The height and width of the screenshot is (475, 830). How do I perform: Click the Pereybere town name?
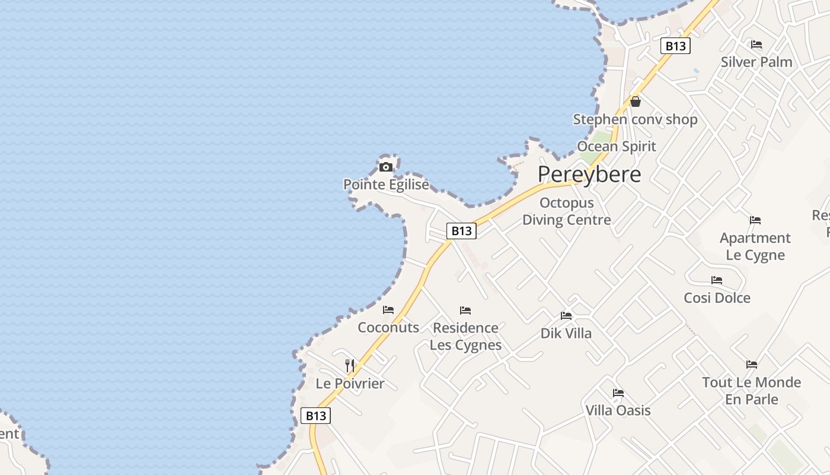589,175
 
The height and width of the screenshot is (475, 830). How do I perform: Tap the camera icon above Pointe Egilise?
386,167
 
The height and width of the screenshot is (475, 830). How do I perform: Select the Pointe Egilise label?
386,185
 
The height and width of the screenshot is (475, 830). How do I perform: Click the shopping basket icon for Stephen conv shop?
636,102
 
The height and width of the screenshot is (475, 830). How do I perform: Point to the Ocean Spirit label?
617,146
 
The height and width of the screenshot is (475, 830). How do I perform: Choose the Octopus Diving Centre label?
566,211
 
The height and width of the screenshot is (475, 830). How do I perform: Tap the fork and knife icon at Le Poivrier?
350,365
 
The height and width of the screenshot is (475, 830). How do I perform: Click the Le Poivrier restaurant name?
350,384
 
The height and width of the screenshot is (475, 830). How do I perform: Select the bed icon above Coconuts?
388,310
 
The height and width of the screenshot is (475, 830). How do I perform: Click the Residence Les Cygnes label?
465,336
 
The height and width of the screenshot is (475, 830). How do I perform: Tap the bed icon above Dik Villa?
566,316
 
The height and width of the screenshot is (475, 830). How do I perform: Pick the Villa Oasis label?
618,410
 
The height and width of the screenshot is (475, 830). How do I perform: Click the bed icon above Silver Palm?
756,45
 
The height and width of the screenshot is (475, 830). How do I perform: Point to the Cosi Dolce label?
717,297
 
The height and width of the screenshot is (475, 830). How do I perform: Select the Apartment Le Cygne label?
755,246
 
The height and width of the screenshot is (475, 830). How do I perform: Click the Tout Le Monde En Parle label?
751,391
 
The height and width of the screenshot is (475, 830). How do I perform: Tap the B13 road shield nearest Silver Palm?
675,46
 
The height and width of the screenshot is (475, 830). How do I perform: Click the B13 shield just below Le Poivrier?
316,416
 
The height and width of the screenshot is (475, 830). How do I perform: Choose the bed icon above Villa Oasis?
618,393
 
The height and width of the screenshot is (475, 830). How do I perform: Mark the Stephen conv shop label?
635,119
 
